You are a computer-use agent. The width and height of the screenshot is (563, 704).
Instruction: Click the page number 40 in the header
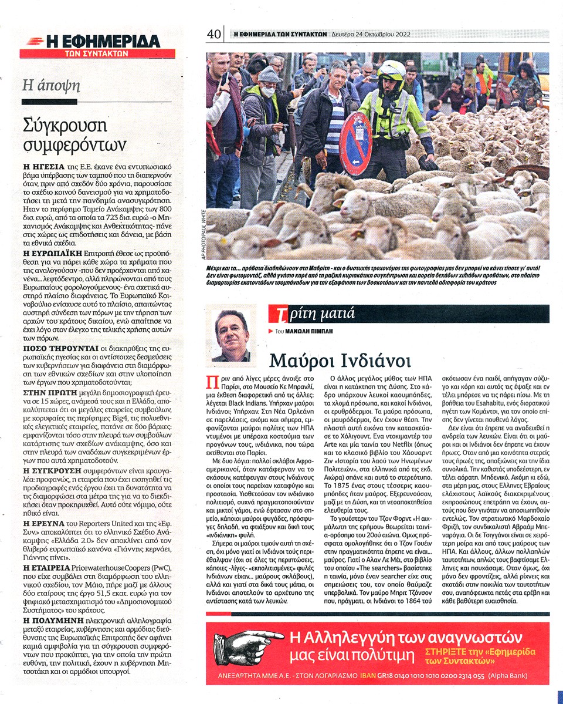213,35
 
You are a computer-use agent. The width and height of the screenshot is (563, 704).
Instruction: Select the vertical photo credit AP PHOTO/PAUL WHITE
202,235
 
